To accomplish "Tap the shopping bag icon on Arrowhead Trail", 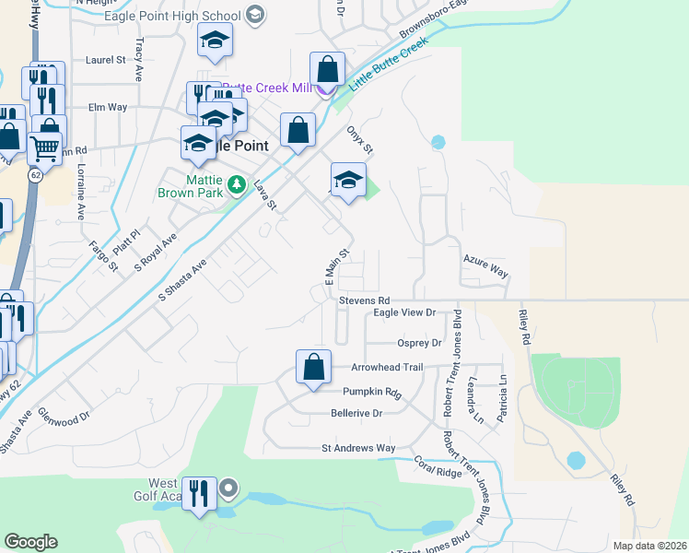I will coord(314,366).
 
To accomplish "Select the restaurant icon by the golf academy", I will coord(199,494).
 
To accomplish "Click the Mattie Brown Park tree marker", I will coord(237,185).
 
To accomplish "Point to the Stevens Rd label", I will coord(365,300).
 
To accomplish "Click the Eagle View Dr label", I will coord(403,313).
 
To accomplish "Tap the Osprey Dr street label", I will coord(419,343).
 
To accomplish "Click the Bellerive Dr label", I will coord(356,414).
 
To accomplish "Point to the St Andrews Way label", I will coord(357,448).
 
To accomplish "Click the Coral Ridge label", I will coord(437,466).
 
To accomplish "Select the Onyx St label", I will coord(359,141).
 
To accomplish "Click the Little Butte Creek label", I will coord(390,67).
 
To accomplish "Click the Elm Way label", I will coord(107,107).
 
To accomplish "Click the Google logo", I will coord(30,541).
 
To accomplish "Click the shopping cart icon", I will coord(43,147).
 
